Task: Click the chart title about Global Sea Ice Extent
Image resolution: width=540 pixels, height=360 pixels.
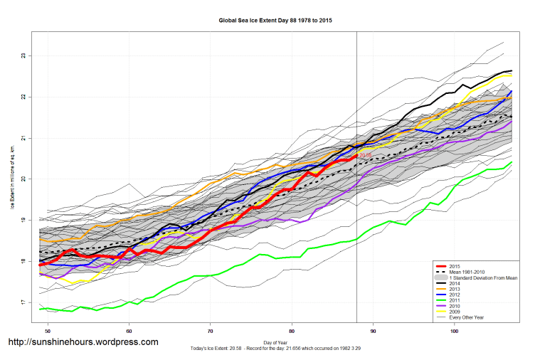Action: coord(275,21)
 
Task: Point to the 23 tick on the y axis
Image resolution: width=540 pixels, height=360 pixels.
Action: coord(24,55)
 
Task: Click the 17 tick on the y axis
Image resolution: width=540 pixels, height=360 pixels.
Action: coord(24,303)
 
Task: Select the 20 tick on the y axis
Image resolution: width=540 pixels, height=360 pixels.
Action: coord(24,179)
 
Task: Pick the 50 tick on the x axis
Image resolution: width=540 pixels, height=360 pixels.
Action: coord(48,331)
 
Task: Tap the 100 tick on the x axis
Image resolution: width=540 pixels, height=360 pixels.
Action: coord(453,331)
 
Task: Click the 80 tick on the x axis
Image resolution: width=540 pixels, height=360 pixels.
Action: coord(292,331)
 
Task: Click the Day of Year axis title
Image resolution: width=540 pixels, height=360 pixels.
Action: coord(275,342)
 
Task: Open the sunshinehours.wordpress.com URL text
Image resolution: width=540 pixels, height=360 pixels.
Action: coord(83,342)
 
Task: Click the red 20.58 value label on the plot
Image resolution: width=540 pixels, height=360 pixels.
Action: coord(365,155)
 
